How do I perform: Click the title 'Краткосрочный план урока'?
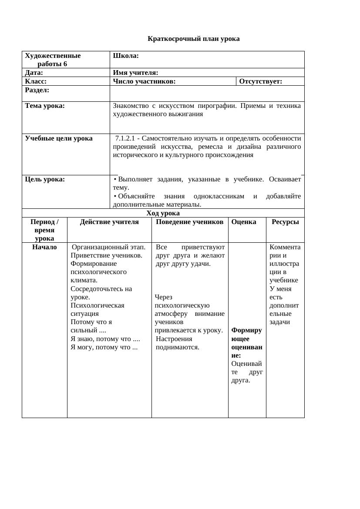[194, 39]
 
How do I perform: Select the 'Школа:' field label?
[126, 56]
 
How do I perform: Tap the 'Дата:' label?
[34, 73]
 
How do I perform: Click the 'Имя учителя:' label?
[135, 73]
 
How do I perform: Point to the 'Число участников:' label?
[144, 81]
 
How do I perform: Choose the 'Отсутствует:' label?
[261, 81]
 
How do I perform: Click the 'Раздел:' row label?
[37, 90]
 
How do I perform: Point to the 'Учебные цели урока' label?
[59, 138]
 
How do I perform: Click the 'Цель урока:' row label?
[45, 179]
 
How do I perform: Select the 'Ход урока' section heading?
[163, 213]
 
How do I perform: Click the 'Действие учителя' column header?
[109, 222]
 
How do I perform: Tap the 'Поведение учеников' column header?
[189, 222]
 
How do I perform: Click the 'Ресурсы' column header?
[285, 222]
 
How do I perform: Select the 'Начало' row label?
[44, 247]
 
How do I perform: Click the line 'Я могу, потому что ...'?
[104, 347]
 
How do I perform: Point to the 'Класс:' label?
[36, 81]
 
